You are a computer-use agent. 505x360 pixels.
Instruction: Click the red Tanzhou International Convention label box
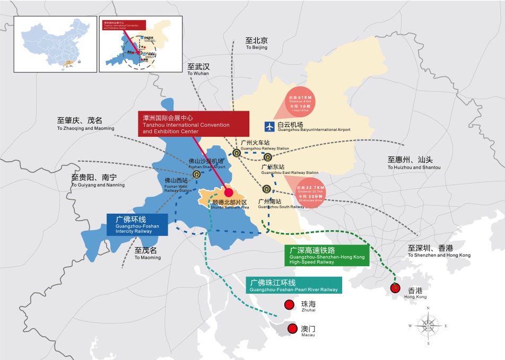click(x=194, y=124)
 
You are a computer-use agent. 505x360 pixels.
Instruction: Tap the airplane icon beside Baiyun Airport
click(x=269, y=126)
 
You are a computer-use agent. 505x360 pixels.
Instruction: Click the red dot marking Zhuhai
click(x=289, y=305)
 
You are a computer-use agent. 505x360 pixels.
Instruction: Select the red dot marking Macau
click(x=292, y=329)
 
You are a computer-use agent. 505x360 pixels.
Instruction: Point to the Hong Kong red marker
click(x=395, y=288)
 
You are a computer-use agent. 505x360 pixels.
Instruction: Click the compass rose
click(x=428, y=325)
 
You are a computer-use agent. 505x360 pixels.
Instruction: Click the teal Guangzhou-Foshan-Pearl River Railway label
click(x=294, y=285)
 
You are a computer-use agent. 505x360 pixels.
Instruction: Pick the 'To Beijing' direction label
click(x=257, y=43)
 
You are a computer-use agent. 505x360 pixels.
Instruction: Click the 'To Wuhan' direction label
click(x=198, y=69)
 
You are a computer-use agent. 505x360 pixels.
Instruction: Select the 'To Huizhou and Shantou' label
click(x=414, y=163)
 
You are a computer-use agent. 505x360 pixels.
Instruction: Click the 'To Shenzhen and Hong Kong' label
click(x=439, y=251)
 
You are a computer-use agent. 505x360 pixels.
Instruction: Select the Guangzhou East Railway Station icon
click(x=267, y=157)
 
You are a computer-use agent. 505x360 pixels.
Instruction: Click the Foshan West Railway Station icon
click(x=197, y=173)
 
